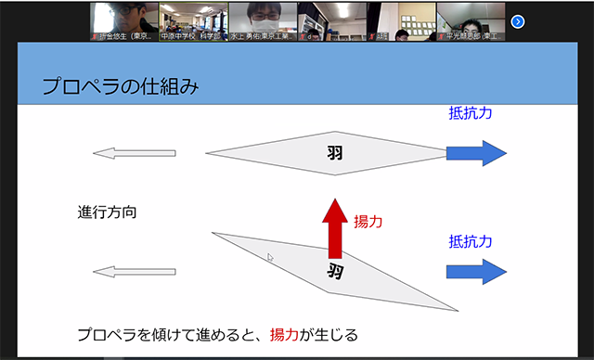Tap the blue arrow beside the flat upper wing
pos(476,153)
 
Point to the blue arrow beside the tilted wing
pos(476,271)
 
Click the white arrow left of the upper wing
pos(134,153)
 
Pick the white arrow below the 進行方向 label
pos(134,271)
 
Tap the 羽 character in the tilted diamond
pos(335,271)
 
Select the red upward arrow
pos(335,226)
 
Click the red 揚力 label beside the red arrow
pos(368,222)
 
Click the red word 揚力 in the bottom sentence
pos(285,333)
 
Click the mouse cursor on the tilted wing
pos(271,258)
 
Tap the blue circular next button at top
pos(518,21)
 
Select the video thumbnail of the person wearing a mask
pos(263,21)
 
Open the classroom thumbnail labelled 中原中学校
pos(193,21)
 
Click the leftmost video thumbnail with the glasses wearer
pos(124,21)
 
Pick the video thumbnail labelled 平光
pos(470,21)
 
